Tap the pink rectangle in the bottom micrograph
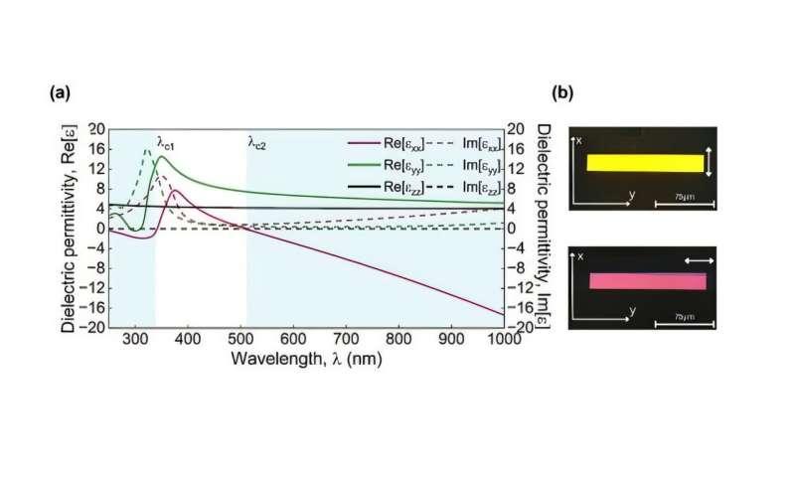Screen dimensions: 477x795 click(x=647, y=280)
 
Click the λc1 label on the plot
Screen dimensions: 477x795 click(x=167, y=143)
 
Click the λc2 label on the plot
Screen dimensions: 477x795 click(x=257, y=143)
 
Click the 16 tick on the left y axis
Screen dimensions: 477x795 click(x=98, y=148)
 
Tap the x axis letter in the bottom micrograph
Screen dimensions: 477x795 click(x=581, y=256)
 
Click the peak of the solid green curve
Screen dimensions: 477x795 click(x=160, y=156)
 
